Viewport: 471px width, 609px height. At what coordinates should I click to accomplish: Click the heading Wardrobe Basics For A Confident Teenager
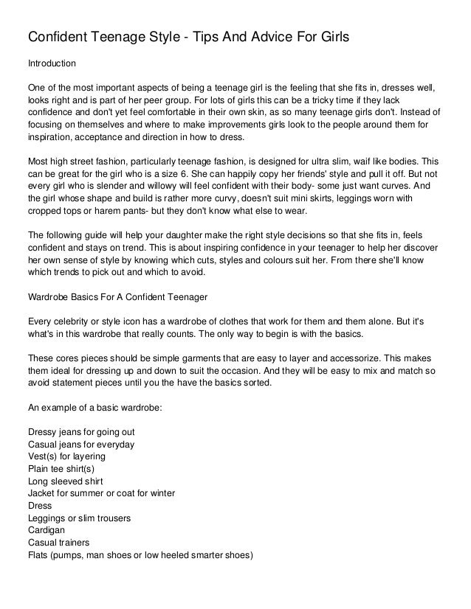118,298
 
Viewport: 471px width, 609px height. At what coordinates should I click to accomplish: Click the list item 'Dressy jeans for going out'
80,431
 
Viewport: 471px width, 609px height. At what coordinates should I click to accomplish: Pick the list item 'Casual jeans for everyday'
80,445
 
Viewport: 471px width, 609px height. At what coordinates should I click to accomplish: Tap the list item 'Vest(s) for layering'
66,457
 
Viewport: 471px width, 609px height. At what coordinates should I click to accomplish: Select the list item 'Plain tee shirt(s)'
61,469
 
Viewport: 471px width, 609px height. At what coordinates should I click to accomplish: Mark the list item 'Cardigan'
46,530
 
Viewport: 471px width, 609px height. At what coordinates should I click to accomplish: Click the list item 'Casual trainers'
58,543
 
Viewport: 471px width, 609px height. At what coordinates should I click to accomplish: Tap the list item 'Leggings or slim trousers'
79,518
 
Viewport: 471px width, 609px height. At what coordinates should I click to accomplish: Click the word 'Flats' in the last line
38,555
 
